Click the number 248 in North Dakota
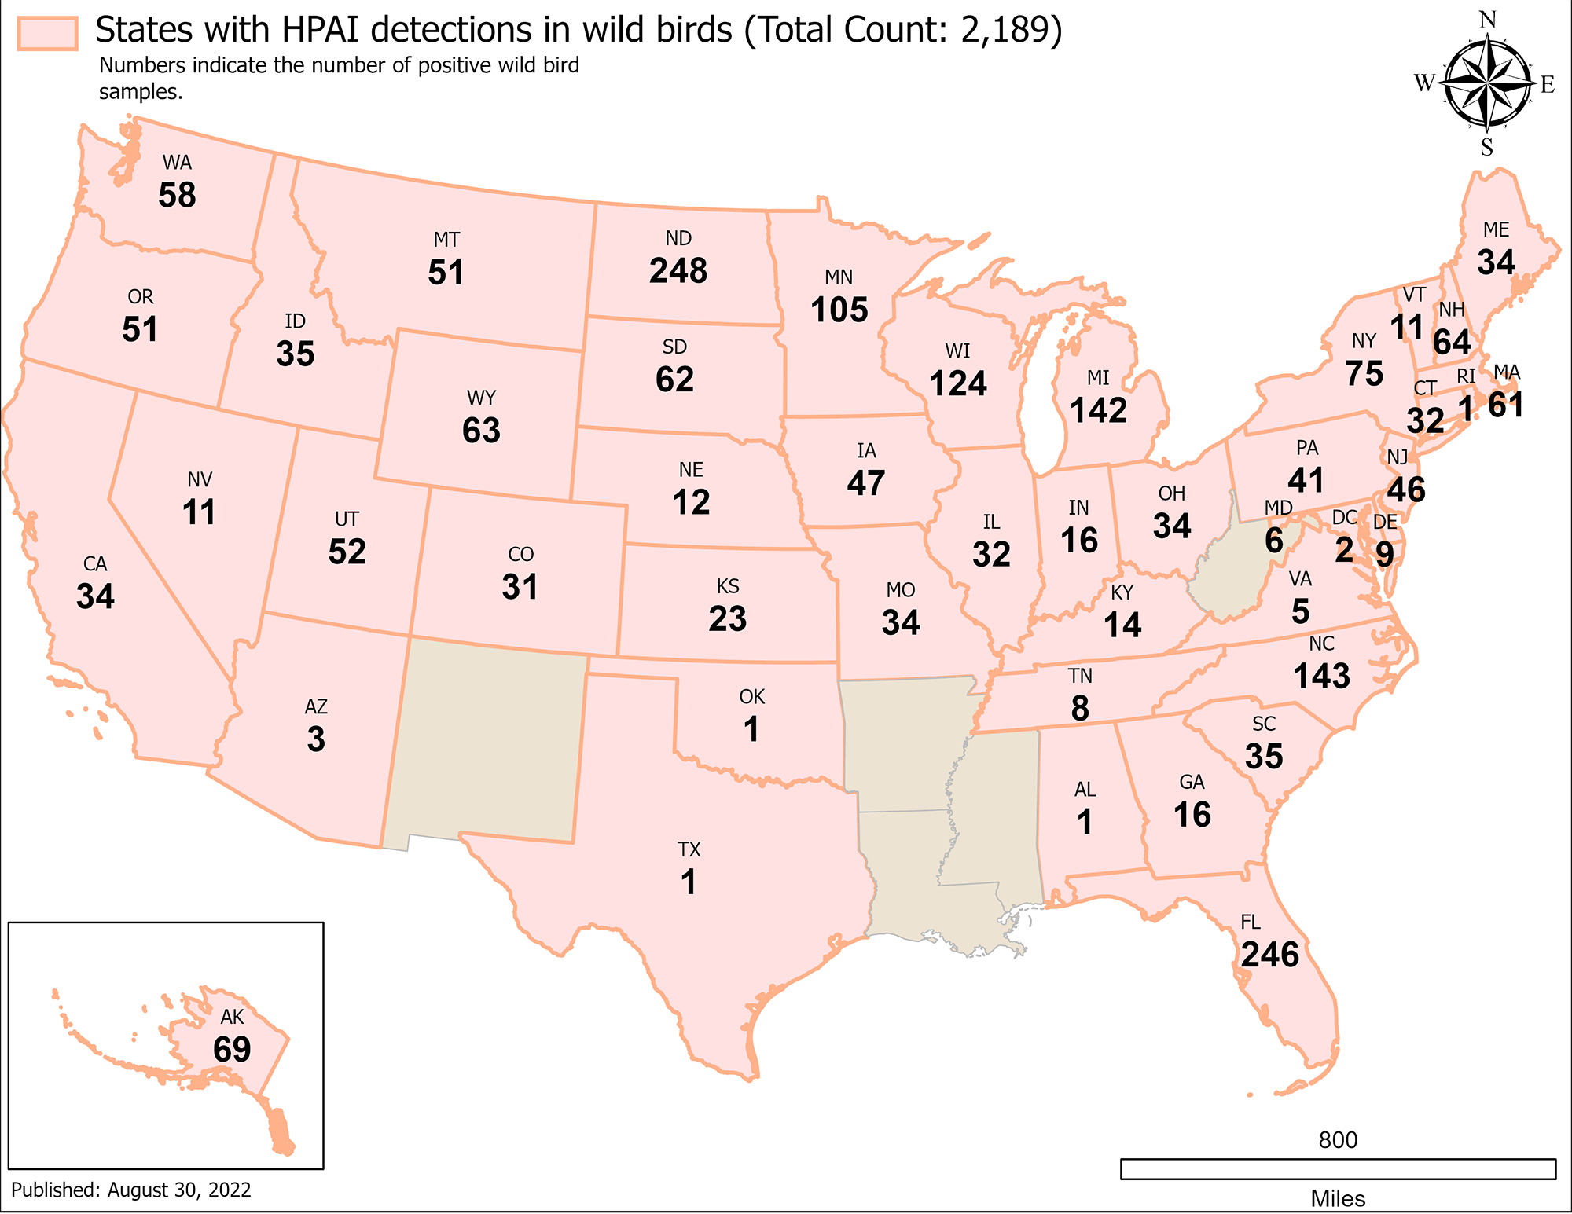[678, 271]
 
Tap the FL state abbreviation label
[1251, 922]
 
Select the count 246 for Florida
[1270, 955]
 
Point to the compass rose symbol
[1488, 83]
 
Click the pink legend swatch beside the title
[48, 33]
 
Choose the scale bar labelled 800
[1338, 1168]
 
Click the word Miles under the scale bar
[1338, 1199]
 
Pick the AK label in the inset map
[232, 1017]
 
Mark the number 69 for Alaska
[232, 1049]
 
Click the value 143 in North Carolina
[1322, 676]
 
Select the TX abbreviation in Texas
[689, 849]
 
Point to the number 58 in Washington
[177, 195]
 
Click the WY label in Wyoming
[481, 398]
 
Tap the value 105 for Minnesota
[839, 310]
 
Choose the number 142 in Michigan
[1098, 410]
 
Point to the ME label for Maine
[1496, 229]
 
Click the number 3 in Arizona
[316, 739]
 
